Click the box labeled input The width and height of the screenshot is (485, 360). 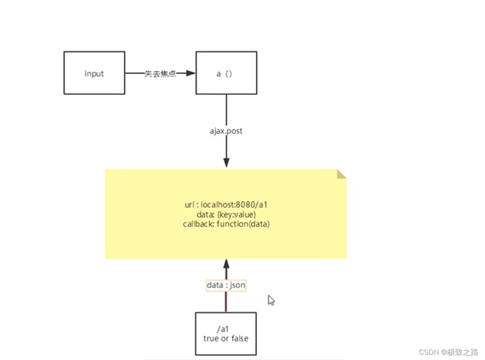click(x=94, y=73)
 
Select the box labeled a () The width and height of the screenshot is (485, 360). click(x=226, y=73)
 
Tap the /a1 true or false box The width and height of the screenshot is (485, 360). click(x=225, y=333)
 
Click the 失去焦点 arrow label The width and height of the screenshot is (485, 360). click(x=160, y=74)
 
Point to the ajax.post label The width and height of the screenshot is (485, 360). click(x=226, y=131)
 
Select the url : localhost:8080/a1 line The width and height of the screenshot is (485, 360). click(x=225, y=205)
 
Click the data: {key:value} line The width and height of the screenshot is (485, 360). click(x=225, y=215)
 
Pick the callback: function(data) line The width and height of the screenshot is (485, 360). click(x=225, y=224)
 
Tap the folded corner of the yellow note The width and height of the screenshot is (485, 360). click(x=342, y=174)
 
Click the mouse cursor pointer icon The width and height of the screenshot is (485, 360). click(x=271, y=300)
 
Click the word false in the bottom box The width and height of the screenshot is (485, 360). click(x=239, y=338)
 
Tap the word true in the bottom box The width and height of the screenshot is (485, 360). click(x=211, y=338)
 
